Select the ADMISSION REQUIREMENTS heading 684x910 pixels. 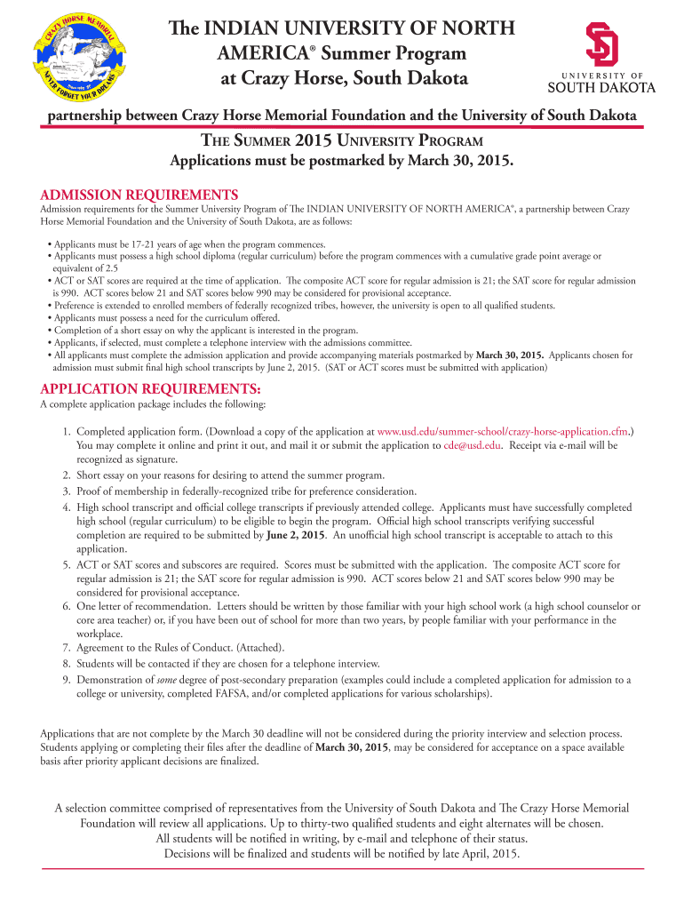pyautogui.click(x=139, y=195)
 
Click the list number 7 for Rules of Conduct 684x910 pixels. pyautogui.click(x=67, y=647)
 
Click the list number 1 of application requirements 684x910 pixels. pyautogui.click(x=67, y=431)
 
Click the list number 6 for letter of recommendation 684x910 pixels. pyautogui.click(x=67, y=605)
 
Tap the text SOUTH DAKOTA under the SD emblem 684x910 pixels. pyautogui.click(x=600, y=87)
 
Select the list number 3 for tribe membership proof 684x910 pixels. pyautogui.click(x=67, y=491)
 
